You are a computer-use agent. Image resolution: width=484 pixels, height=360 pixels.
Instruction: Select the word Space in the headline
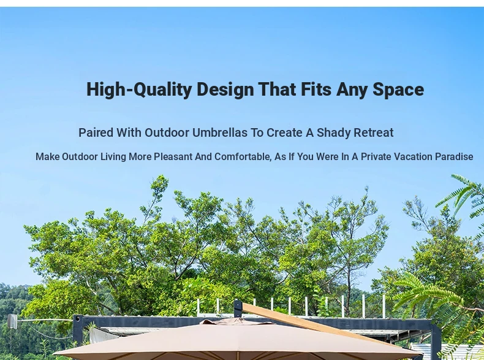tap(398, 90)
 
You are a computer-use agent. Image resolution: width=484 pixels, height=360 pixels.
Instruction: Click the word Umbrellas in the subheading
tap(220, 132)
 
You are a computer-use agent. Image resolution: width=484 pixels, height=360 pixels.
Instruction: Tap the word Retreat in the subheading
tap(374, 132)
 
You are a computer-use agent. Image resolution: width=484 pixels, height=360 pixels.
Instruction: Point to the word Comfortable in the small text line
tap(243, 157)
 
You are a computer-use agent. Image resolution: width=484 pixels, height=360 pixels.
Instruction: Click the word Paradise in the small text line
tap(454, 156)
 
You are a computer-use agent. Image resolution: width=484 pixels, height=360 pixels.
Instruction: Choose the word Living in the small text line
tap(113, 157)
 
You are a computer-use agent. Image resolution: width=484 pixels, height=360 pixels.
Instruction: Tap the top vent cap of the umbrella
tap(238, 321)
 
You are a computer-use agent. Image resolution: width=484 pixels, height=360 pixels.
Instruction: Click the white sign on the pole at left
tap(12, 321)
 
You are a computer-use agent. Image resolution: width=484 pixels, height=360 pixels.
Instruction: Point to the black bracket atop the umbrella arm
tap(238, 308)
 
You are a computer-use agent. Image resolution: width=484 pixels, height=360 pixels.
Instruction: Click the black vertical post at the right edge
tap(436, 340)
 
